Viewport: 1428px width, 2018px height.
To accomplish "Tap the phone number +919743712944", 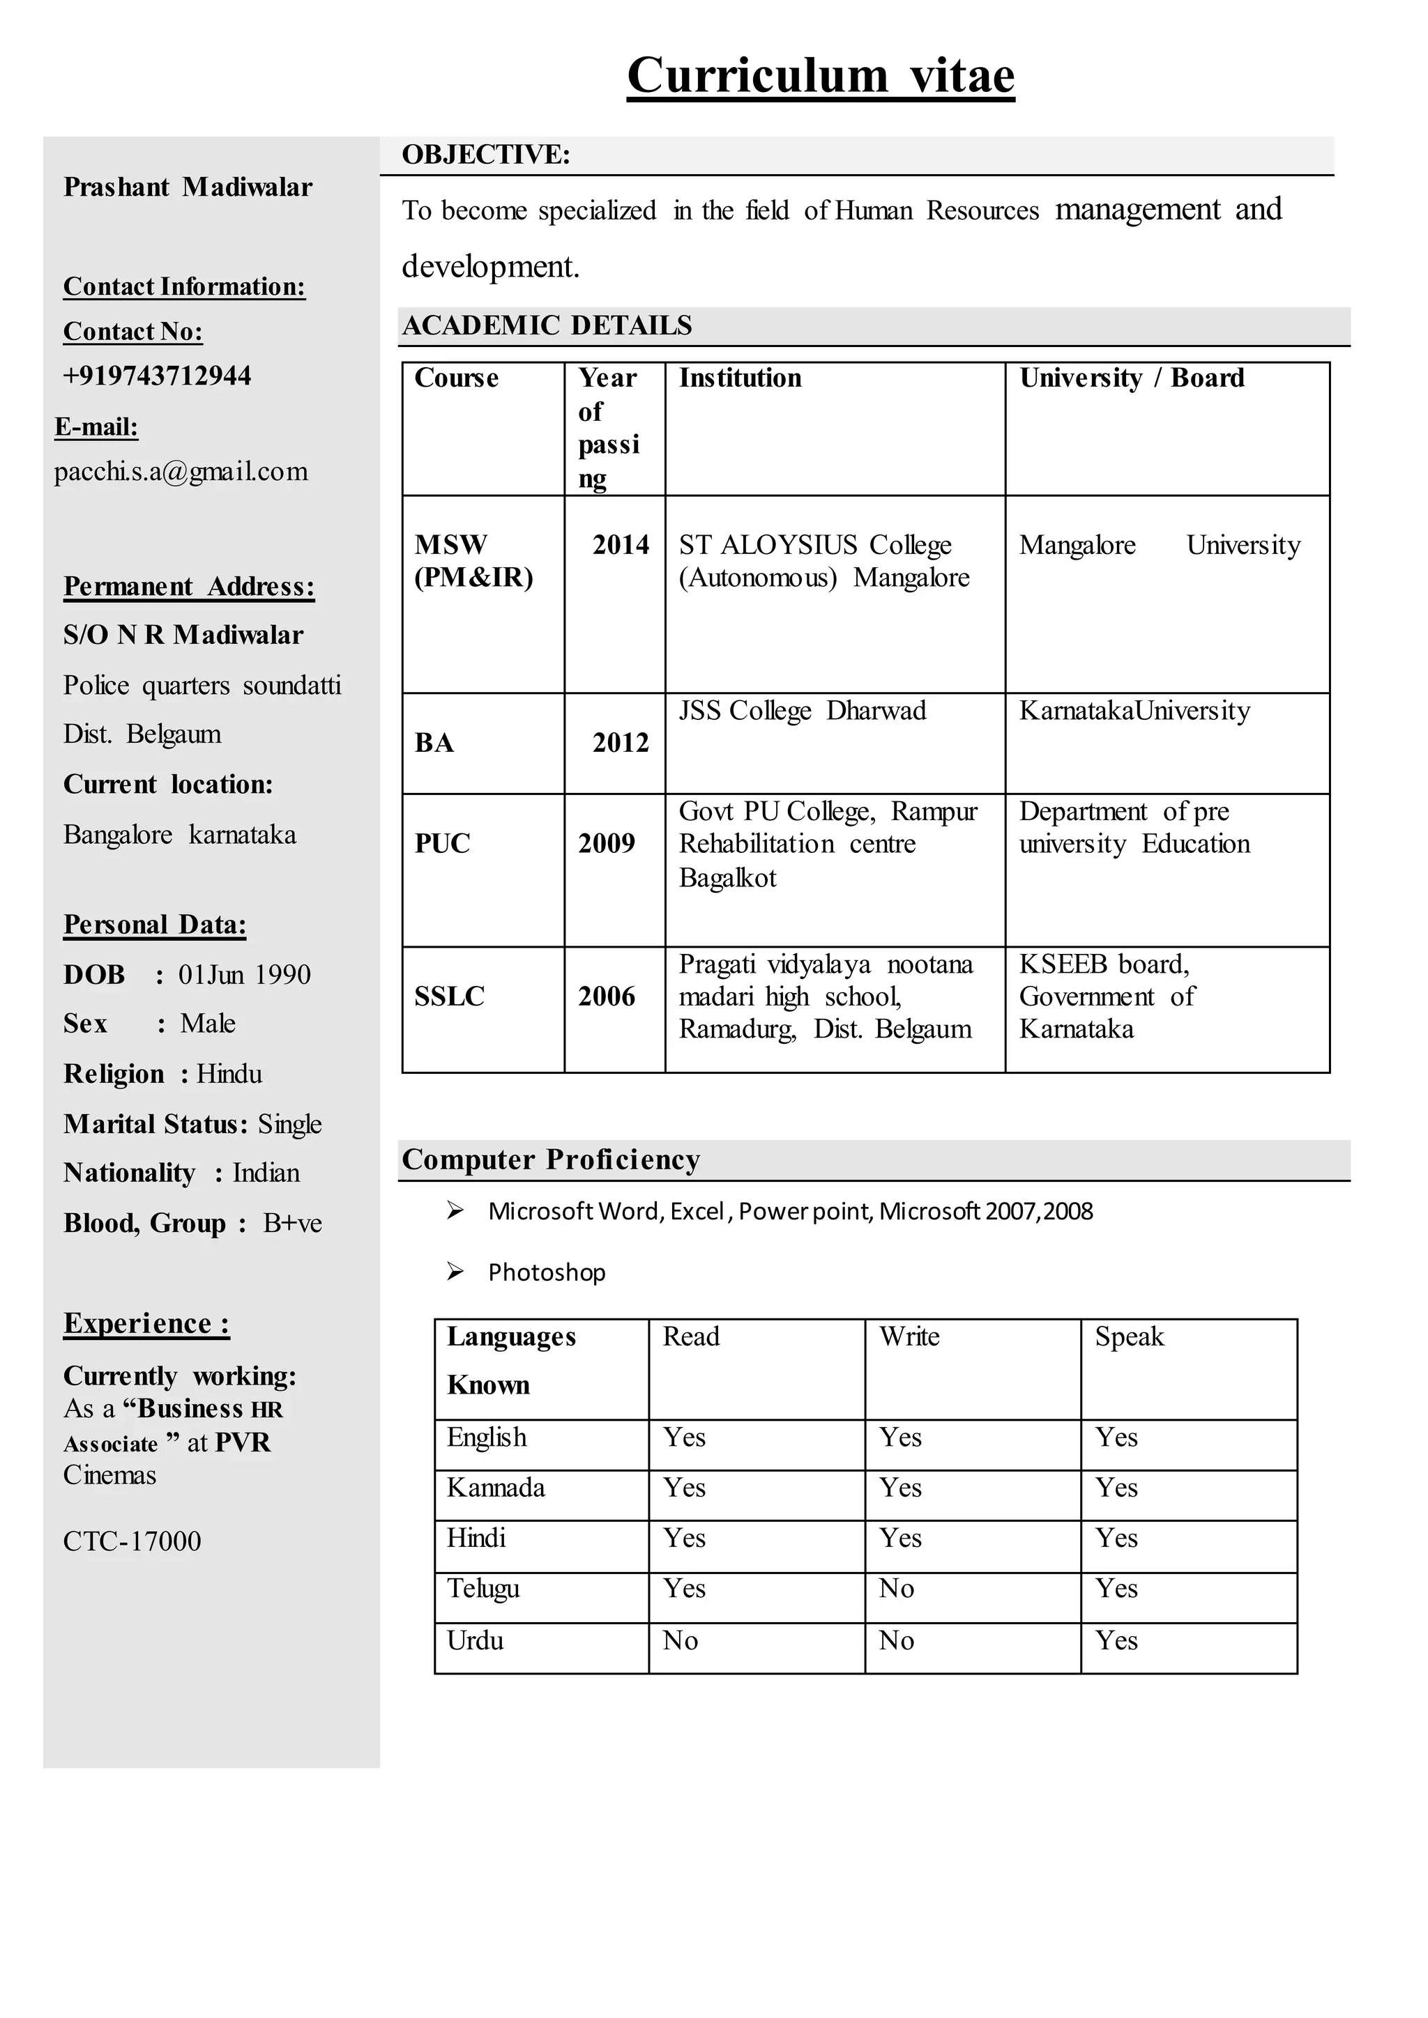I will pos(156,376).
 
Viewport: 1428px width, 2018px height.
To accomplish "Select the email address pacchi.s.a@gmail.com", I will pos(181,472).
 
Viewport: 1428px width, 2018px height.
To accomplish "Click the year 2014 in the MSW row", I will pos(620,545).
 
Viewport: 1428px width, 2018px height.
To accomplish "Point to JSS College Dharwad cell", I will pos(802,710).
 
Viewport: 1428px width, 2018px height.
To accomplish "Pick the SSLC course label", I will pos(449,996).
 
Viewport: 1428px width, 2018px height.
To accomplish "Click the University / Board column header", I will pos(1132,378).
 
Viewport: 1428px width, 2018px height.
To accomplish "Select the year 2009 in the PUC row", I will pos(606,843).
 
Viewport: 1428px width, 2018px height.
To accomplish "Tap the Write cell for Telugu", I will pos(896,1588).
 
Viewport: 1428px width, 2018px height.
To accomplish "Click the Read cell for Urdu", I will pos(680,1640).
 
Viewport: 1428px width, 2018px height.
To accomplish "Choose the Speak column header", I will pos(1129,1337).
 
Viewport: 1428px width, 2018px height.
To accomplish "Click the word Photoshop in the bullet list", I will pos(546,1272).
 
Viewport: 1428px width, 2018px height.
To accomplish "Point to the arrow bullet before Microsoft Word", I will pos(455,1210).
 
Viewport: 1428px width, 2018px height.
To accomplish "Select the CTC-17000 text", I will pos(132,1541).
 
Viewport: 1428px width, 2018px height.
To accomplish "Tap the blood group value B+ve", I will pos(292,1224).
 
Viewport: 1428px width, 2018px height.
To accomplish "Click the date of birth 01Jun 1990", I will pos(245,975).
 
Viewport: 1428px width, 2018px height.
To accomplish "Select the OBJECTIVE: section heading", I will pos(485,155).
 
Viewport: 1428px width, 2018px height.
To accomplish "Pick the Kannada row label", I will pos(495,1487).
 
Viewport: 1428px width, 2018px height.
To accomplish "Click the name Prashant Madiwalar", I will pos(188,187).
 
